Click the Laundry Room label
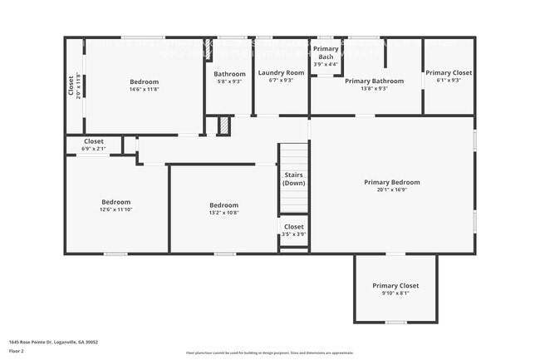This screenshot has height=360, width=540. click(281, 73)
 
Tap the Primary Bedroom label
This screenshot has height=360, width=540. click(391, 182)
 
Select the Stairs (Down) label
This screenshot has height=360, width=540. click(294, 179)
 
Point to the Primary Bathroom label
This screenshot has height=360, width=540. click(374, 81)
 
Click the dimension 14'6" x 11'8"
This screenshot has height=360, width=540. click(144, 90)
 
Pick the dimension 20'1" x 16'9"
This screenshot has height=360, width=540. click(391, 190)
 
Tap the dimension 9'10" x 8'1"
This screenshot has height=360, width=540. click(395, 293)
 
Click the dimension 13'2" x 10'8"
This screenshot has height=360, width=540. click(223, 213)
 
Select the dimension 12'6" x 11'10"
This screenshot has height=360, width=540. click(115, 210)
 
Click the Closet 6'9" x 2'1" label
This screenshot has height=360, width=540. click(93, 145)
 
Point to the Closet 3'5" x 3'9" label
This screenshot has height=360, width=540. click(294, 230)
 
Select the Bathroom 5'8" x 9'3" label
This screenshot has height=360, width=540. click(229, 77)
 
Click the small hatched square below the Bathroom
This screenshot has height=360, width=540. click(223, 126)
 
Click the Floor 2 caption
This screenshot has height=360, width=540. click(17, 351)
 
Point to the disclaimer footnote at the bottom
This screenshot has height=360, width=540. click(269, 354)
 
